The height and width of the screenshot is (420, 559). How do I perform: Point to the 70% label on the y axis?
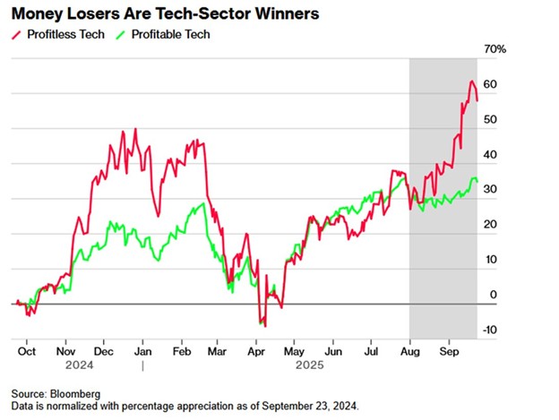pos(494,50)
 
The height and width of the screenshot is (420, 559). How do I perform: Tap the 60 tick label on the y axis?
pos(490,85)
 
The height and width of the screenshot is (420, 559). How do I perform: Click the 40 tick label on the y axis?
pos(490,155)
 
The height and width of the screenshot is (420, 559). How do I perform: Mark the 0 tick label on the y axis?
pos(492,295)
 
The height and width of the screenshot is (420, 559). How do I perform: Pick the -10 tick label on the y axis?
pos(488,330)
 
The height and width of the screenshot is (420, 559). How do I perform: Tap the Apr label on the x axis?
pos(255,352)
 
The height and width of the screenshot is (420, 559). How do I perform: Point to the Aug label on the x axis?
pos(409,352)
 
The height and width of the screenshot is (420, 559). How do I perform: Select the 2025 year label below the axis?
pos(310,365)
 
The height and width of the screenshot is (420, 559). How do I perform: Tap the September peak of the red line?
pos(472,81)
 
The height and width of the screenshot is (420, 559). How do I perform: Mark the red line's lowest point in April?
pos(265,326)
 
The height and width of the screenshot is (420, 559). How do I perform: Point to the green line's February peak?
pos(203,204)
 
